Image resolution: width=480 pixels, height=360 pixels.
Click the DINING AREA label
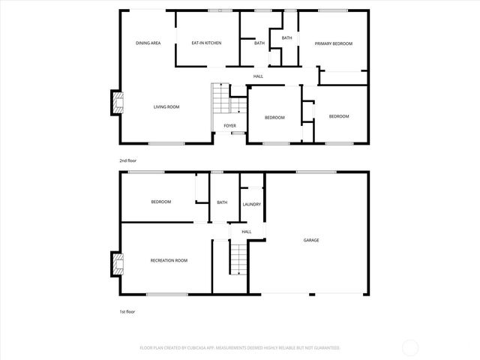point(148,43)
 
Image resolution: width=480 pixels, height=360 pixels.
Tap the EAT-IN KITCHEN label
point(206,43)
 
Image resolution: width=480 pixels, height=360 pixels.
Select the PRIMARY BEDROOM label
point(333,43)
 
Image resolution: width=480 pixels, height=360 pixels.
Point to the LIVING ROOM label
point(166,107)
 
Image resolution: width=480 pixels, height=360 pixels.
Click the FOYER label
point(229,125)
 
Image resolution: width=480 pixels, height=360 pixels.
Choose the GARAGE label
point(310,241)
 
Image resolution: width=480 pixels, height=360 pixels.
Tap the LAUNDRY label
point(251,204)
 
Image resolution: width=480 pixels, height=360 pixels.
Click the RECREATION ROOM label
point(169,260)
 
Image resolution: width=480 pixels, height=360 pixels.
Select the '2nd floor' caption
point(127,160)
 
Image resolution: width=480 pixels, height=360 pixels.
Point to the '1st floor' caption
point(127,311)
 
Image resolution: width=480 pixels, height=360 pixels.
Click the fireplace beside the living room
point(117,103)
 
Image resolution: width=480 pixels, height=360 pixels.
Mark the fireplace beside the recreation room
point(117,263)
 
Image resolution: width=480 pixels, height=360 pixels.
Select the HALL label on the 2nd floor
point(258,76)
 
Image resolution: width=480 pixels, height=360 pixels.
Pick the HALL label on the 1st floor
point(246,232)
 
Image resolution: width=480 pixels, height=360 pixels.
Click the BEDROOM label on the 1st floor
point(161,202)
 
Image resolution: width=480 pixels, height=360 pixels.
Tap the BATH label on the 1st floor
point(222,202)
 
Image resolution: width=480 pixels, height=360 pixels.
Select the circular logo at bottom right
point(410,347)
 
